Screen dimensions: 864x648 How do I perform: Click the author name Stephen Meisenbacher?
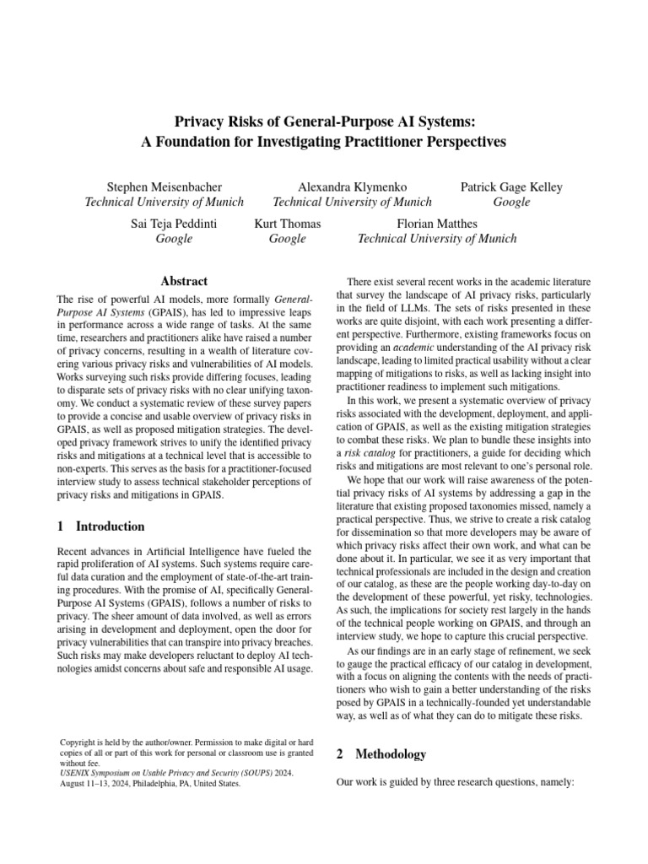click(x=164, y=186)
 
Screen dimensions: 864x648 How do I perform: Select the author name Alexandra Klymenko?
click(x=353, y=186)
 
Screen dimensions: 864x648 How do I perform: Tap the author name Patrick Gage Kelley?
click(x=511, y=186)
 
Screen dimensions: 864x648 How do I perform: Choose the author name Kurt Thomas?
click(x=287, y=224)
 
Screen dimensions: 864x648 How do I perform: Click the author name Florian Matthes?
click(x=437, y=224)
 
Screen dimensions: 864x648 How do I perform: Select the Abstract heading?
click(x=184, y=281)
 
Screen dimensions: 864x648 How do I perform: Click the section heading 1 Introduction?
click(x=100, y=526)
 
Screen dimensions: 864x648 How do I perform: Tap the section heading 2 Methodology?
click(x=381, y=753)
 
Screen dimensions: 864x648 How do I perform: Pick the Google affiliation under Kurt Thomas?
click(x=287, y=239)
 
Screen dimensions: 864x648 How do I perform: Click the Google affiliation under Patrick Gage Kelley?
click(x=511, y=202)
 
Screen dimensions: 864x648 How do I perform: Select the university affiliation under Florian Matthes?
click(x=437, y=239)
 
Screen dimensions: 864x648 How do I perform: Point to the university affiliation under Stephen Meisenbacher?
click(x=164, y=202)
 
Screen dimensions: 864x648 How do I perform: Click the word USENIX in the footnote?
click(x=73, y=772)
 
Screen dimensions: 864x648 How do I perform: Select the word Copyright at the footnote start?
click(x=78, y=742)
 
